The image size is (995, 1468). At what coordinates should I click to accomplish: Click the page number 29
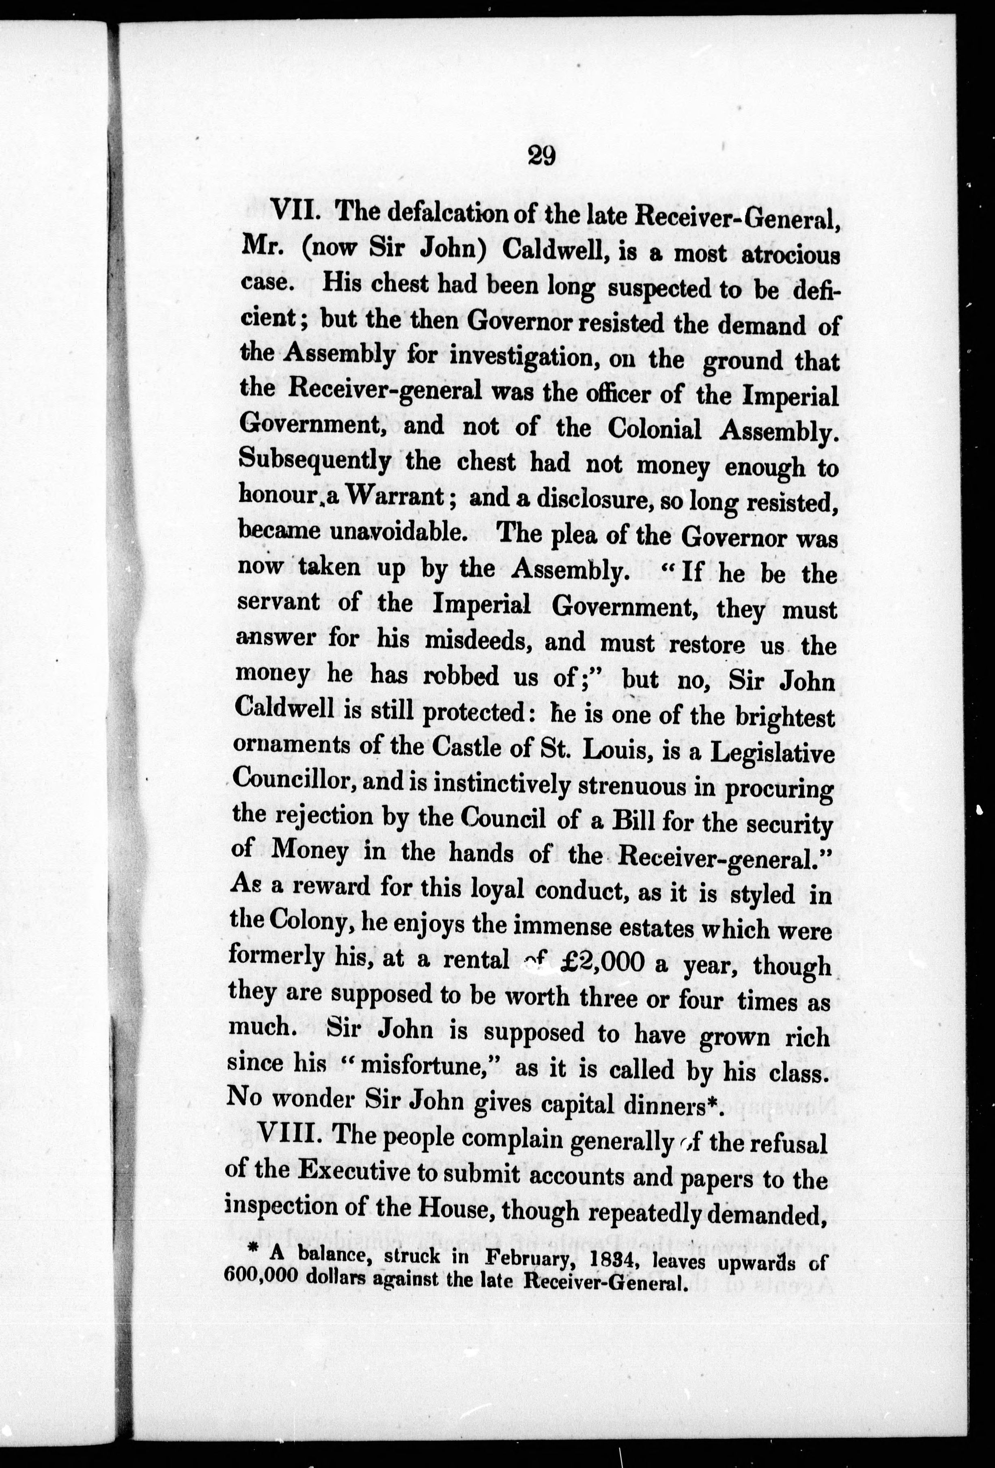tap(541, 155)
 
